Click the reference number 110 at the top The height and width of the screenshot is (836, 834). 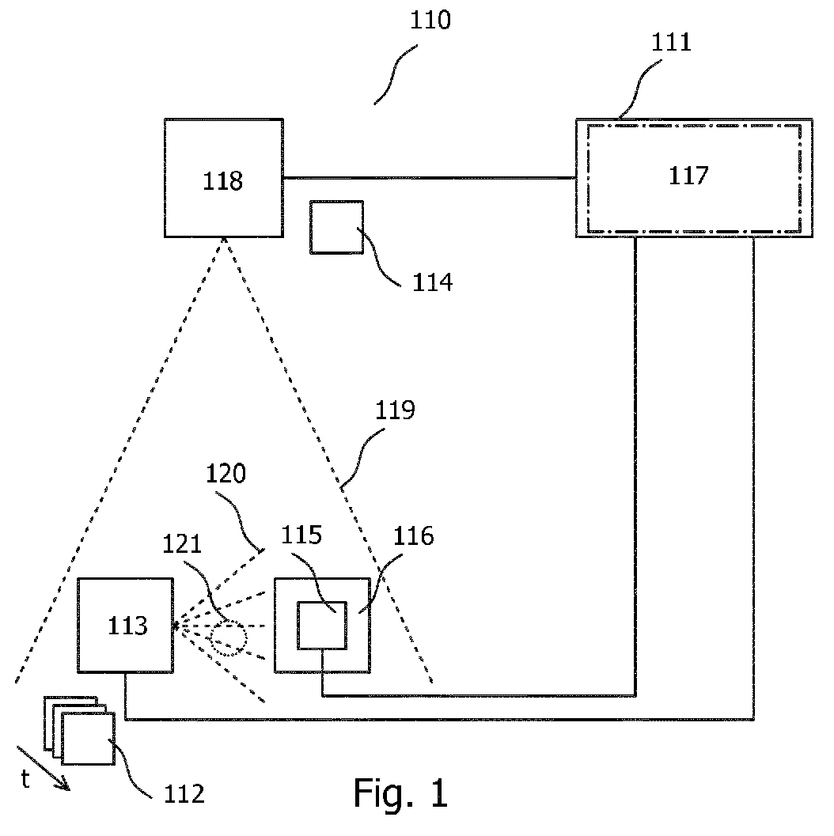click(x=430, y=21)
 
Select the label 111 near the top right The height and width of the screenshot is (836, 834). click(x=671, y=42)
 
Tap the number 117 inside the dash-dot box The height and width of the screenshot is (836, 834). click(x=688, y=176)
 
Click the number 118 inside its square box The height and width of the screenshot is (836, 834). click(x=223, y=181)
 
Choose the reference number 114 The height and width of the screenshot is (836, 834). click(x=433, y=282)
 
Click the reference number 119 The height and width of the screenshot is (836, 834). click(x=395, y=410)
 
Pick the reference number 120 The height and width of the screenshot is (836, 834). click(x=226, y=474)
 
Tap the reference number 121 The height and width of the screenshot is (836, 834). click(x=182, y=544)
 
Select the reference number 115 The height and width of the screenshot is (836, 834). click(x=301, y=535)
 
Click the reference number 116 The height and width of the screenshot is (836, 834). click(x=414, y=535)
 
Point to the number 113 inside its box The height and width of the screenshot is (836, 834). click(x=127, y=626)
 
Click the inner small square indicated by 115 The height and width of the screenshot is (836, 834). click(x=298, y=626)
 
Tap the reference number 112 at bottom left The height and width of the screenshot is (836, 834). click(x=184, y=794)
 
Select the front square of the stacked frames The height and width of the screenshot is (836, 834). click(x=62, y=739)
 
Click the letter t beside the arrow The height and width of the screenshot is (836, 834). click(x=25, y=779)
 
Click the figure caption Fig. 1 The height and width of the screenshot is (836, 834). click(x=400, y=792)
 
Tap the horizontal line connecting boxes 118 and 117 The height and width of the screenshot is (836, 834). click(x=430, y=177)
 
